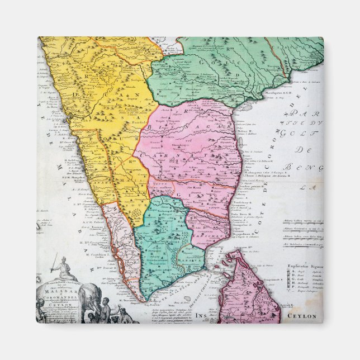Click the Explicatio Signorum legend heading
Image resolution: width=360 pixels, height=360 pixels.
point(304,267)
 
